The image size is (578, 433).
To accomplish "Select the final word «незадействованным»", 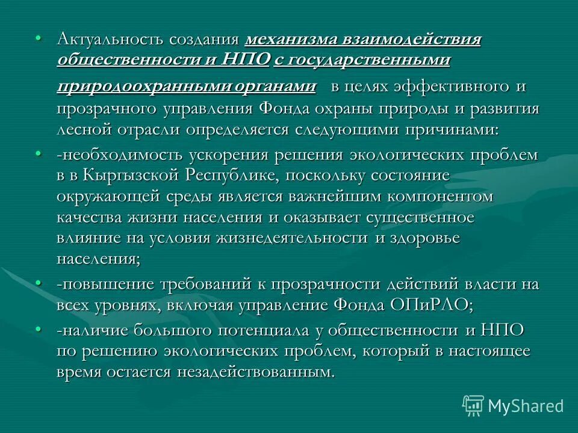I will click(255, 372).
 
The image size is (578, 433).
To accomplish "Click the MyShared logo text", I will click(526, 405).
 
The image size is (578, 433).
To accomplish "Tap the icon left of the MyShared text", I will click(473, 405).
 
